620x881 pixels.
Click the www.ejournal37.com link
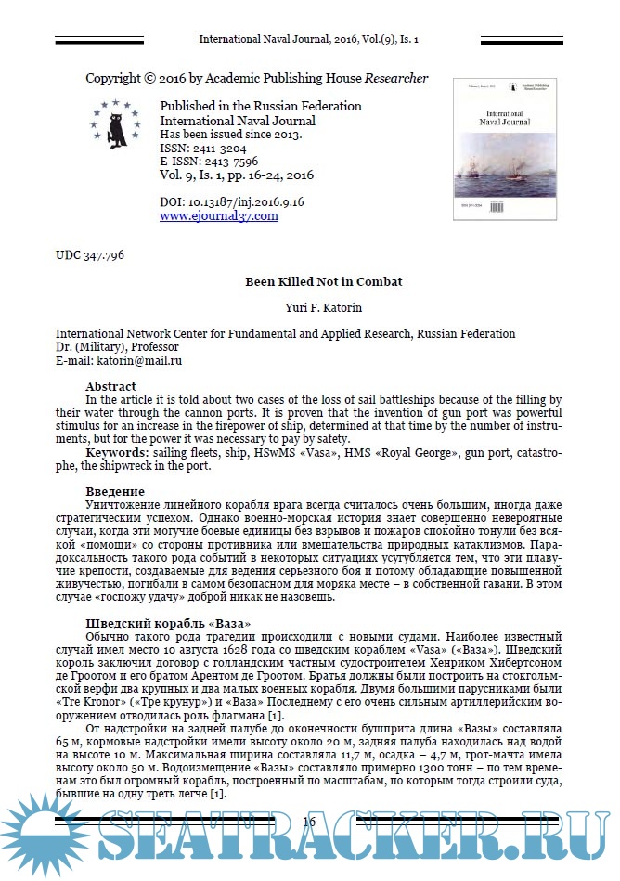(x=218, y=215)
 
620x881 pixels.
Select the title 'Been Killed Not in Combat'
(x=310, y=281)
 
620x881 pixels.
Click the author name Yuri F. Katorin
(x=310, y=307)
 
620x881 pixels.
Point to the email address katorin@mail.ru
(x=142, y=360)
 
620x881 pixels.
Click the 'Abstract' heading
(x=110, y=386)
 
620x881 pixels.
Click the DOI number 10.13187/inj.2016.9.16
(x=243, y=201)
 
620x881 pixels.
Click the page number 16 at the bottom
(x=310, y=822)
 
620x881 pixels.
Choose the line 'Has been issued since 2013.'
(x=231, y=135)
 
